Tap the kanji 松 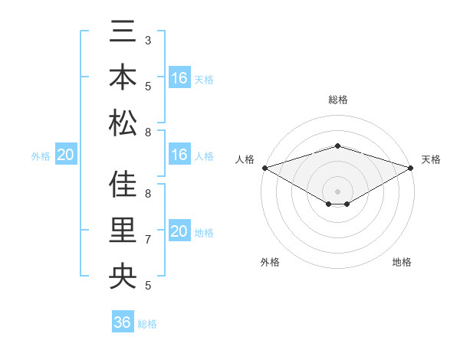[123, 122]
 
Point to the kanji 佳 [123, 185]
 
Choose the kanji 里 [123, 230]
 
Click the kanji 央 [123, 275]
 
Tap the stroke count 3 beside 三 [148, 40]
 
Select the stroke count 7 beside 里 [148, 240]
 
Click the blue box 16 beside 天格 [179, 78]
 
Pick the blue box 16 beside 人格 [179, 155]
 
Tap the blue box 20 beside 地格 [179, 231]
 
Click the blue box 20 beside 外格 [65, 155]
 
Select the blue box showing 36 [122, 322]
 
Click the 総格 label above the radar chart [337, 100]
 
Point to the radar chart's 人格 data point [264, 167]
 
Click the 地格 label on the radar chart [402, 263]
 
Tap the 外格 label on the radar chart [270, 263]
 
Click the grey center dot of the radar [337, 191]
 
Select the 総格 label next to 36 [147, 324]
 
